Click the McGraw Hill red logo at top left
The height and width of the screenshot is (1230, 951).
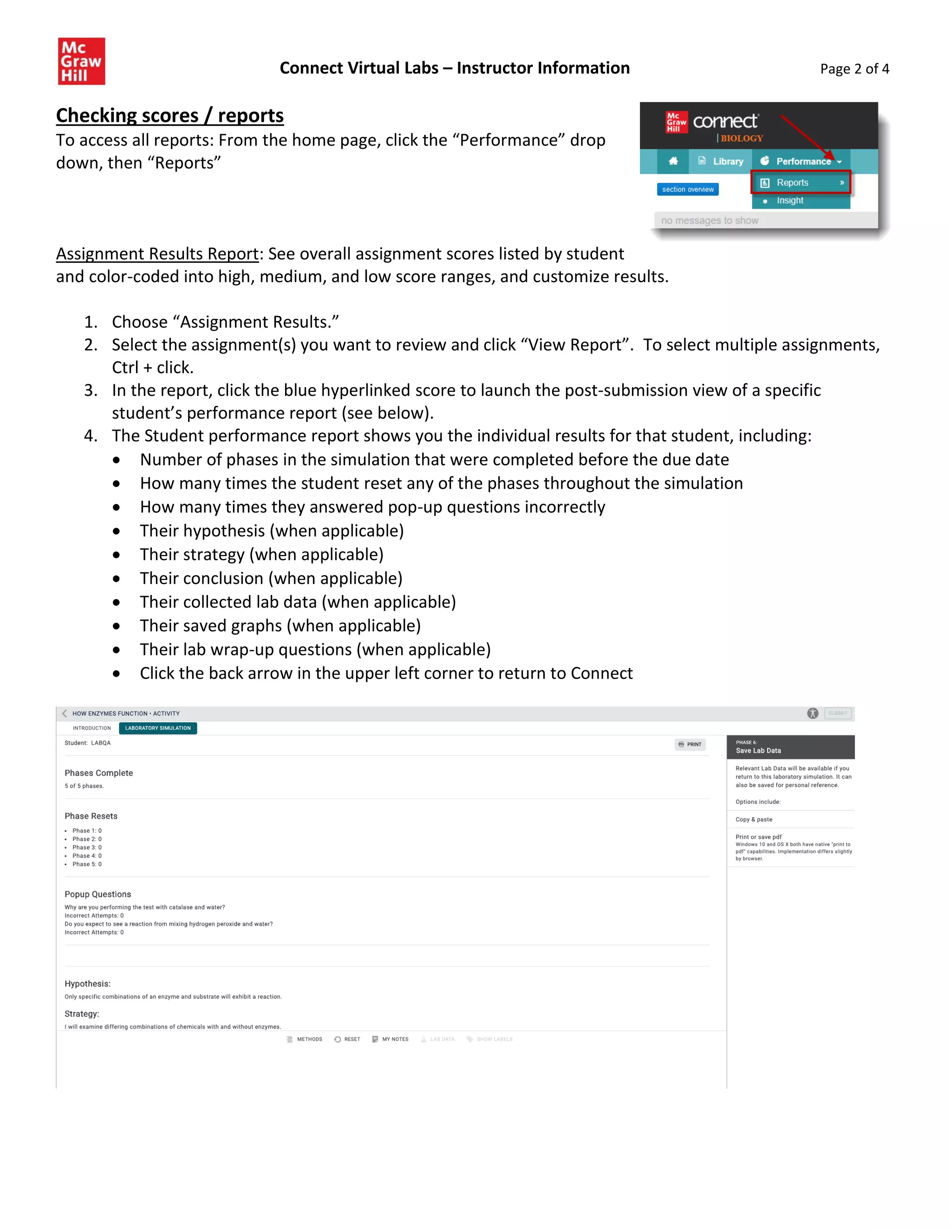(81, 61)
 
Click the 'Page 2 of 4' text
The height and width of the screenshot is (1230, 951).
(854, 69)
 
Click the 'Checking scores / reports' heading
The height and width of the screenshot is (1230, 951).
(169, 116)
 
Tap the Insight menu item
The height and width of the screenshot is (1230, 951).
(790, 201)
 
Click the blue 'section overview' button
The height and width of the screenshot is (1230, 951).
(687, 189)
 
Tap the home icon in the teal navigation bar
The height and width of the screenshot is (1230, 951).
(673, 161)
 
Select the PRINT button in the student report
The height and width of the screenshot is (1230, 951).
(690, 744)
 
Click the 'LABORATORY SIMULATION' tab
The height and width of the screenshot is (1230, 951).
(158, 728)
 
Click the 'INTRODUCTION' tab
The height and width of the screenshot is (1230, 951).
(92, 728)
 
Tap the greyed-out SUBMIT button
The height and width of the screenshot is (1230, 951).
(837, 713)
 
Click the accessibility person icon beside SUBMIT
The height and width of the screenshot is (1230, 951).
(813, 713)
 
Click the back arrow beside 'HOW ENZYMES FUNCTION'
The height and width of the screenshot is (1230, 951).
(64, 713)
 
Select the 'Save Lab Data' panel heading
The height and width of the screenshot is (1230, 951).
(758, 751)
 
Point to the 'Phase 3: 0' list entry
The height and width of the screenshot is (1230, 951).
(87, 847)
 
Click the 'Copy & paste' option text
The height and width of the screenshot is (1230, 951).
(754, 819)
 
